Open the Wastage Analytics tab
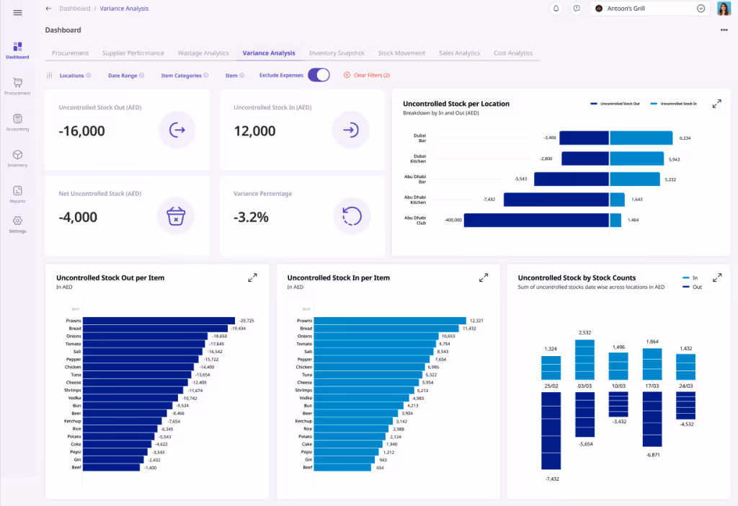pos(203,53)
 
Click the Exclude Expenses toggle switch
pos(319,75)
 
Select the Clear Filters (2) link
pos(367,75)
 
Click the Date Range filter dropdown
pos(125,75)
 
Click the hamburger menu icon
pos(17,12)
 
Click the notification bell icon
pos(556,9)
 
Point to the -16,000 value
pos(81,131)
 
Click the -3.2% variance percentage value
pos(251,217)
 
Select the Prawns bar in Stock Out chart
pos(159,321)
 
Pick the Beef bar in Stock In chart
pos(342,467)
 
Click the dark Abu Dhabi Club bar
pos(535,220)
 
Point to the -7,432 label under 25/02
pos(551,479)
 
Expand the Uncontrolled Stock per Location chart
pos(716,104)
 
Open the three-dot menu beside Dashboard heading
pos(724,30)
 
